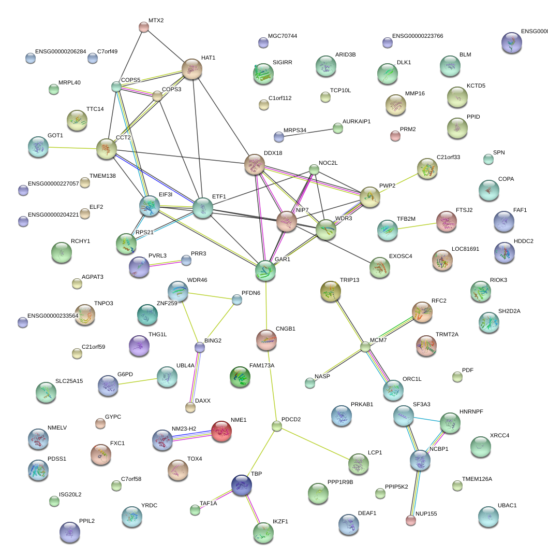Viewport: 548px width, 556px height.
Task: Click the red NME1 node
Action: (x=221, y=431)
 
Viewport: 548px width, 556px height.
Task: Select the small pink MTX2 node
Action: (x=144, y=27)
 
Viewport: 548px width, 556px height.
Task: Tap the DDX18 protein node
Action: (x=254, y=164)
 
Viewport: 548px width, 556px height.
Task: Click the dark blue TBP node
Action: (x=242, y=485)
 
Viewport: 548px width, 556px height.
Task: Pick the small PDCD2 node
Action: (x=277, y=426)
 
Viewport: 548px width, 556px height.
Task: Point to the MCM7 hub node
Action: (x=366, y=347)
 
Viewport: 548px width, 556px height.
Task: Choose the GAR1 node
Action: (x=265, y=270)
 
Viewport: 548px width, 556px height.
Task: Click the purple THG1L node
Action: (x=139, y=345)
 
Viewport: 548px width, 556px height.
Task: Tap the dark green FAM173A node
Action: (x=240, y=377)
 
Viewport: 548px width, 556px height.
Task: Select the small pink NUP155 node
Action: (x=411, y=520)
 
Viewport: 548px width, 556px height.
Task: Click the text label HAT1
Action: (x=208, y=58)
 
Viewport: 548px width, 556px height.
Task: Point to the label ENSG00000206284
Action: (x=61, y=52)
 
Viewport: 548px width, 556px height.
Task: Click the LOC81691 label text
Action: (x=465, y=249)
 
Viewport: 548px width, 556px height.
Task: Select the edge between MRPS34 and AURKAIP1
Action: (x=308, y=132)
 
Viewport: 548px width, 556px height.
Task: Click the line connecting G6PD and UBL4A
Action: (x=138, y=382)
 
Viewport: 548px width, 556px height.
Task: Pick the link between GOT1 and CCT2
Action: (x=72, y=148)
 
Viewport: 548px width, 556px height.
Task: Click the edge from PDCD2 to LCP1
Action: (x=317, y=442)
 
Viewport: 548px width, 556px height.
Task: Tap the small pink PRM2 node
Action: (x=395, y=136)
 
